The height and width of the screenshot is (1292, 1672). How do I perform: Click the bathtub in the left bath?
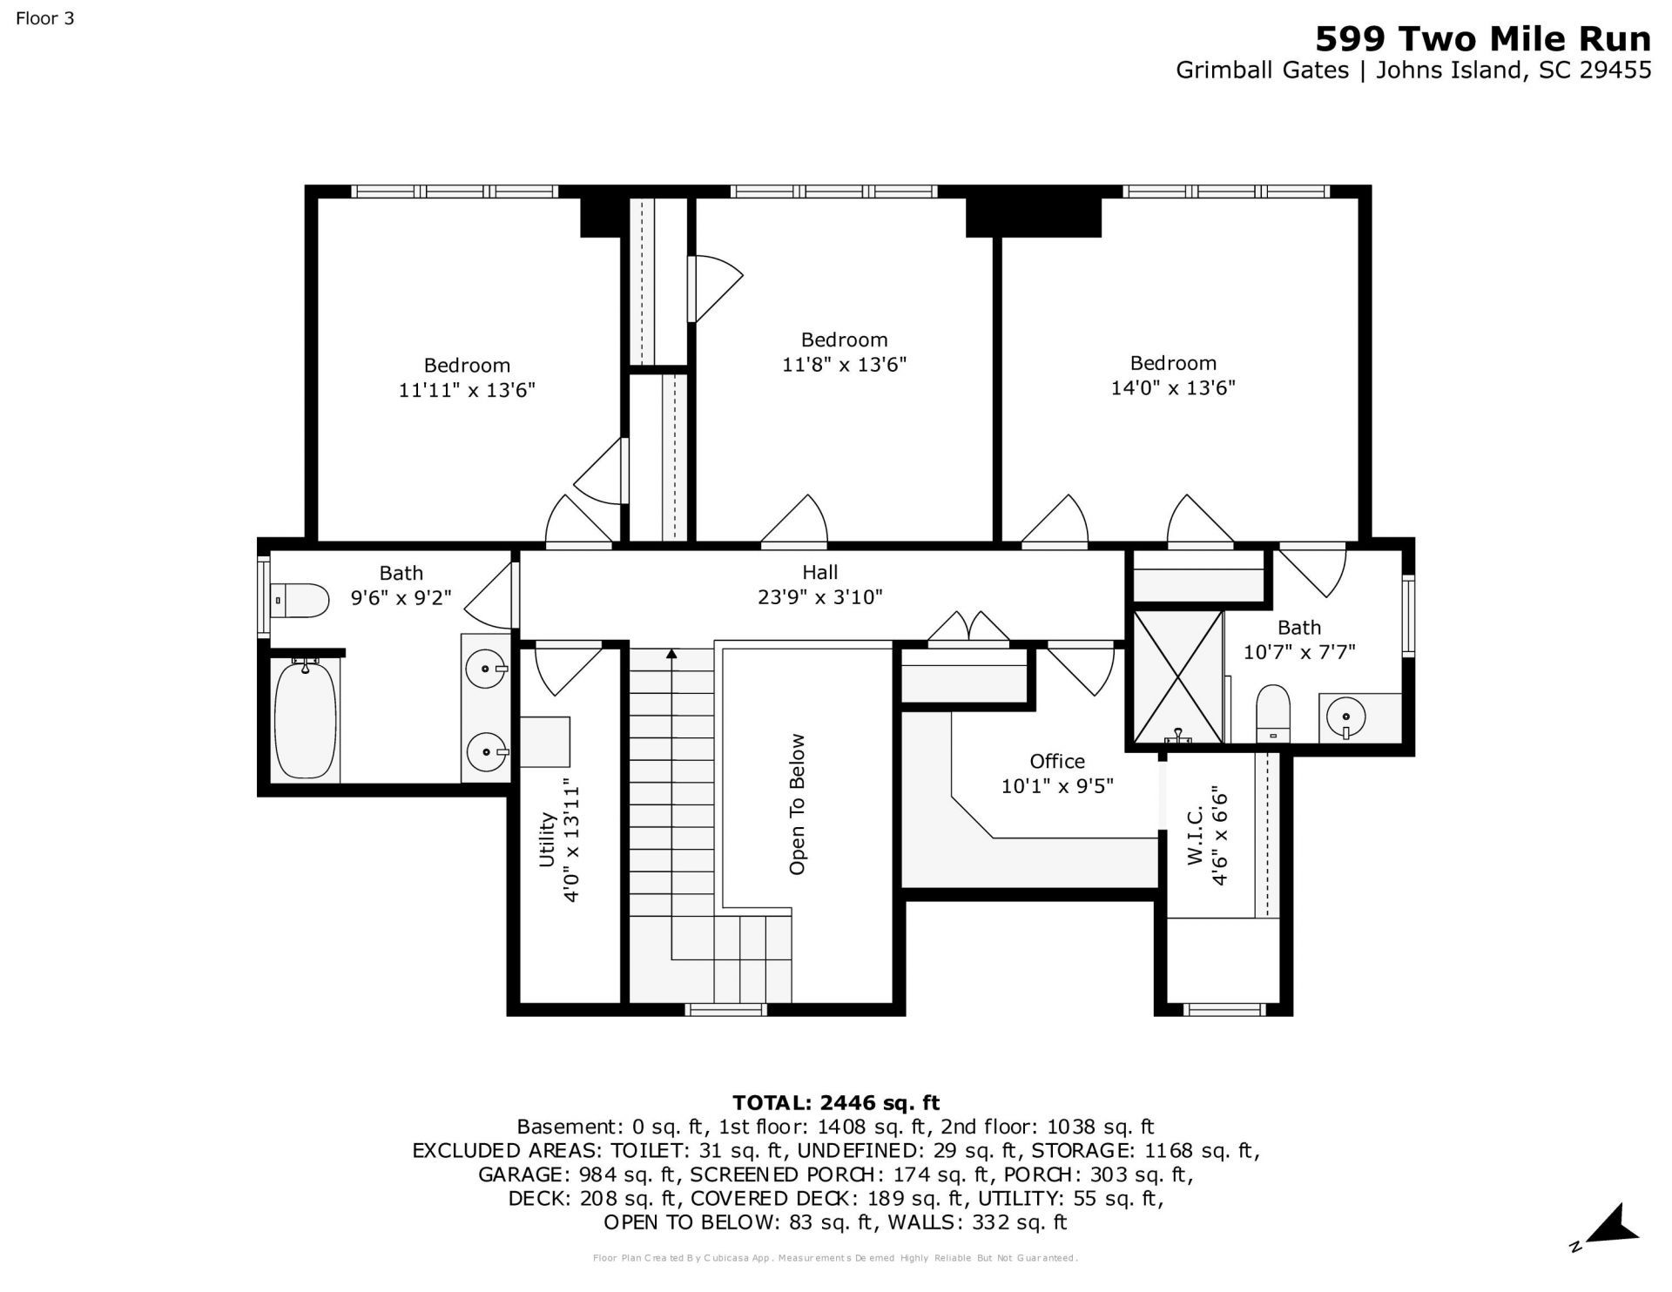coord(306,719)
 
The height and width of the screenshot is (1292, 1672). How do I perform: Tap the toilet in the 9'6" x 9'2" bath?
coord(300,600)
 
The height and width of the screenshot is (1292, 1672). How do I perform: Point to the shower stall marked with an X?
coord(1177,677)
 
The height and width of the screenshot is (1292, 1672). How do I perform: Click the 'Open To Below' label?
coord(797,804)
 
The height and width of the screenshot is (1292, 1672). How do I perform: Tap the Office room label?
coord(1057,762)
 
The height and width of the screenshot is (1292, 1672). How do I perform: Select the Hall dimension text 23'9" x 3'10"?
coord(820,597)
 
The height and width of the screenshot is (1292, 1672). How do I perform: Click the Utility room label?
coord(547,839)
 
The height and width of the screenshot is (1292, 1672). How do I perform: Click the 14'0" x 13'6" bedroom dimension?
coord(1173,387)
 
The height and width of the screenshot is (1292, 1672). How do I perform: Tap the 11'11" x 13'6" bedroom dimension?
coord(467,389)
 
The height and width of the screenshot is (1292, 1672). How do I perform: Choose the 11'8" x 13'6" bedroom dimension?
coord(844,364)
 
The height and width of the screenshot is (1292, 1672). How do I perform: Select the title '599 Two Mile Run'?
coord(1482,39)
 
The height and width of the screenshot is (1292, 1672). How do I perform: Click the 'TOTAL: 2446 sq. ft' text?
coord(836,1102)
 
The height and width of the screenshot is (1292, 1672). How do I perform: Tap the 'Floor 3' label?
coord(45,17)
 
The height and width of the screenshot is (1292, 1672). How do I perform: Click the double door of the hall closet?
coord(968,629)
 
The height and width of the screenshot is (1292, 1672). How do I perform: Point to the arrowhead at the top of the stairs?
coord(671,653)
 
